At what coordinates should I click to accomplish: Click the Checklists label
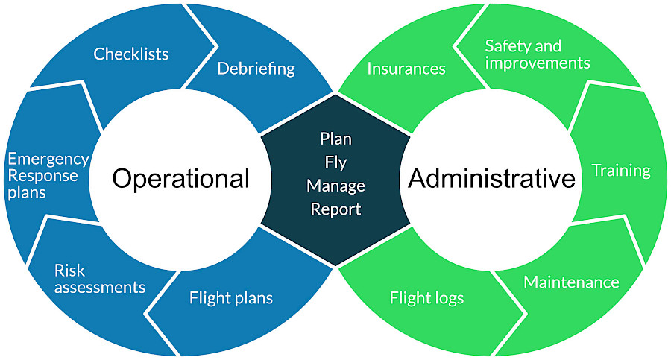pos(131,54)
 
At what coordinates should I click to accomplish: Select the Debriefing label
pos(256,69)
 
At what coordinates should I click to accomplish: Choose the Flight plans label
pos(231,299)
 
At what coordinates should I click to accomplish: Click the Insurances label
pos(406,69)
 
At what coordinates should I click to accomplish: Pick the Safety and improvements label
pos(537,54)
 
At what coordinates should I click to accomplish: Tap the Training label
pos(621,171)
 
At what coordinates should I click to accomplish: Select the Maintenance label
pos(571,282)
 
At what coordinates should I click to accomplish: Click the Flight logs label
pos(426,299)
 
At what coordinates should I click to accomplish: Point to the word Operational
pos(181,179)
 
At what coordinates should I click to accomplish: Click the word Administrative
pos(492,179)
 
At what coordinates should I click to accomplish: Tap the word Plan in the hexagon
pos(335,139)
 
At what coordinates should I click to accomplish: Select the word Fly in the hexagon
pos(335,162)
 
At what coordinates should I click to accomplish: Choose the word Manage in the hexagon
pos(335,186)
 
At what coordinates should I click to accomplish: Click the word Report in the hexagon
pos(335,209)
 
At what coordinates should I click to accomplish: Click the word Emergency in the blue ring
pos(48,160)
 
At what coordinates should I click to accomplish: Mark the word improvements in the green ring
pos(537,63)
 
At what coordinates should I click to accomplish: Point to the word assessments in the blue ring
pos(100,287)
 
